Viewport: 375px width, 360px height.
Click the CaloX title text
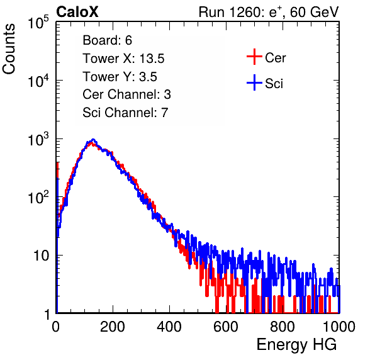77,12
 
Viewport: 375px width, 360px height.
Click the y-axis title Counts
9,48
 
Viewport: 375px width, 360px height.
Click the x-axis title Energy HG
296,345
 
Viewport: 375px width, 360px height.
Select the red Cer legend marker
254,57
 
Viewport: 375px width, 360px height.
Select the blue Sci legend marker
254,83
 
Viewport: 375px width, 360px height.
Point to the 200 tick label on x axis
113,326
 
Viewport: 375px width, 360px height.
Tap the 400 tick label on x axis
169,326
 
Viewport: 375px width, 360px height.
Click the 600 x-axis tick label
226,326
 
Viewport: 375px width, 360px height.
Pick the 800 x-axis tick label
283,326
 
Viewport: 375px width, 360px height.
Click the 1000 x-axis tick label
339,326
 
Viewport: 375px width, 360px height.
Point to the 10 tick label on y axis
41,256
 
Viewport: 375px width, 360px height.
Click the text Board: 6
108,40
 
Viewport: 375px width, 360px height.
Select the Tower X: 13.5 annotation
123,59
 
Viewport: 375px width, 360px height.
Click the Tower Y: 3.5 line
120,77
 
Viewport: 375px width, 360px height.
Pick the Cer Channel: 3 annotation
126,94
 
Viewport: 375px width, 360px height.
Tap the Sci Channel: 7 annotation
125,112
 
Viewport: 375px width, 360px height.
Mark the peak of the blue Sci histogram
93,140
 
